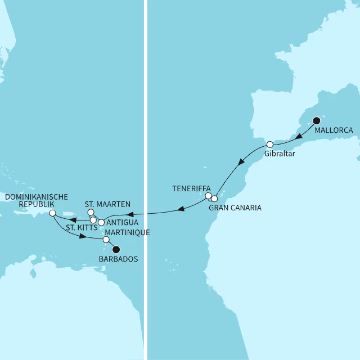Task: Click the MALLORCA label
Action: (334, 130)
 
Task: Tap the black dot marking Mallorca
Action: (316, 120)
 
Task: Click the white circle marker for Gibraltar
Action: (270, 144)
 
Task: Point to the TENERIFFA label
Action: (192, 188)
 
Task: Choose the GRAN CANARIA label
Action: (235, 208)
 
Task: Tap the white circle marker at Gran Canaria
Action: (214, 199)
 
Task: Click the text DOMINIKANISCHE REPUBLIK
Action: (36, 201)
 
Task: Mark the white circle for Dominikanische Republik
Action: (52, 213)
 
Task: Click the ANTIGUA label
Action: (122, 223)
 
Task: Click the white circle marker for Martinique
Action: (106, 240)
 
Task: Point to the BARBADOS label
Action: (118, 259)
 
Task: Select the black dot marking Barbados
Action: (116, 250)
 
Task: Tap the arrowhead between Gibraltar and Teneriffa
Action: (241, 164)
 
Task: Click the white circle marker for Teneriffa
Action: (208, 196)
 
